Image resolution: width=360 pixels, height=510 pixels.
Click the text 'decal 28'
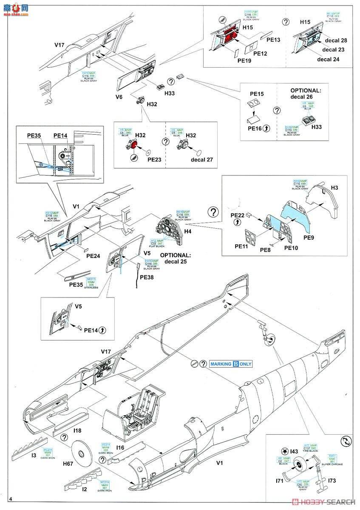coord(336,40)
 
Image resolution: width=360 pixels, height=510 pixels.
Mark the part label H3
coord(334,187)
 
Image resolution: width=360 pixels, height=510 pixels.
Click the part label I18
coord(77,431)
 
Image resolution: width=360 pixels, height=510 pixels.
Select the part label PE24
coord(93,256)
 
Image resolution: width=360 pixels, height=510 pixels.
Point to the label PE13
coord(274,40)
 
